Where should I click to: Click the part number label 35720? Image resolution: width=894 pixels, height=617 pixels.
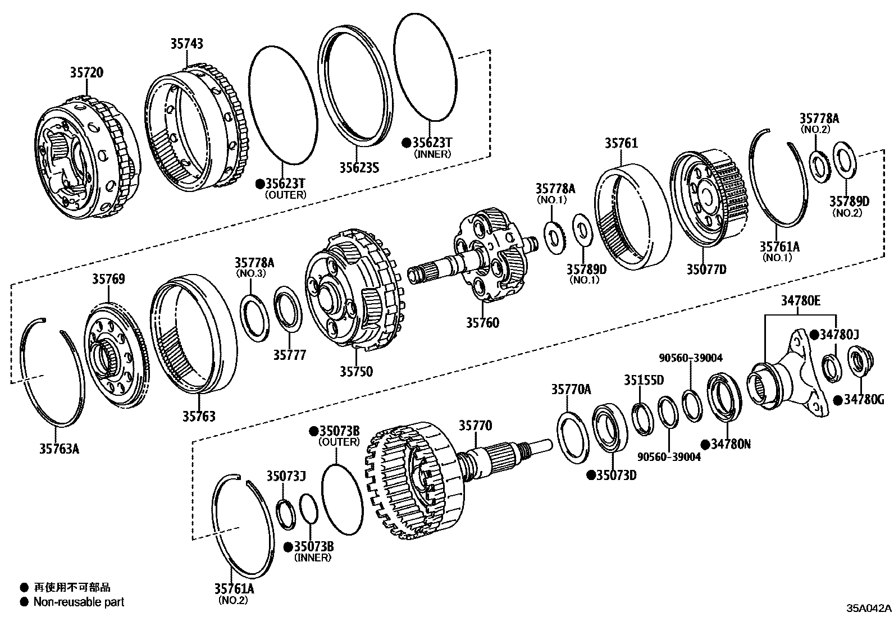tap(86, 72)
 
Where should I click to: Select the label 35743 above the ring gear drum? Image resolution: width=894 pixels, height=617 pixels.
tap(187, 43)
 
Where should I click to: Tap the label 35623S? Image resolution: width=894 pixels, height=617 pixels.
tap(359, 167)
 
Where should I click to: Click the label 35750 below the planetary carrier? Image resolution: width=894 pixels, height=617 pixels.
tap(356, 371)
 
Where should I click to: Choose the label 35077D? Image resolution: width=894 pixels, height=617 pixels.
tap(706, 269)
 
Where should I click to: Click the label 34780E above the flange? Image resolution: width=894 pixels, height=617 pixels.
tap(800, 301)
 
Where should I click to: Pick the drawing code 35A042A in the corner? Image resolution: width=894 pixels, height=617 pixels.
tap(869, 608)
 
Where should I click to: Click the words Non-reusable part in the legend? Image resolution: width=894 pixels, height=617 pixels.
tap(79, 602)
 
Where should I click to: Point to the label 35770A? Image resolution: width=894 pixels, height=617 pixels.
tap(571, 389)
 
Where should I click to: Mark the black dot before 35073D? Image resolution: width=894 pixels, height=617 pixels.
tap(591, 475)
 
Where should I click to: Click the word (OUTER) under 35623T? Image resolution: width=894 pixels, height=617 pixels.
tap(286, 195)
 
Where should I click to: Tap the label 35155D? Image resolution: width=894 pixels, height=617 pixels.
tap(644, 380)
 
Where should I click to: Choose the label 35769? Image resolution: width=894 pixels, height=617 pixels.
tap(109, 279)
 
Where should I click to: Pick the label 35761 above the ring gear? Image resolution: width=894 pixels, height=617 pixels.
tap(621, 143)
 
